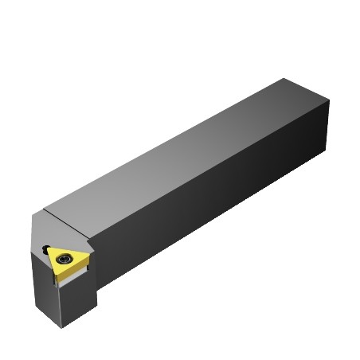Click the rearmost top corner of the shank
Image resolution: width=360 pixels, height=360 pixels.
click(285, 78)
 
